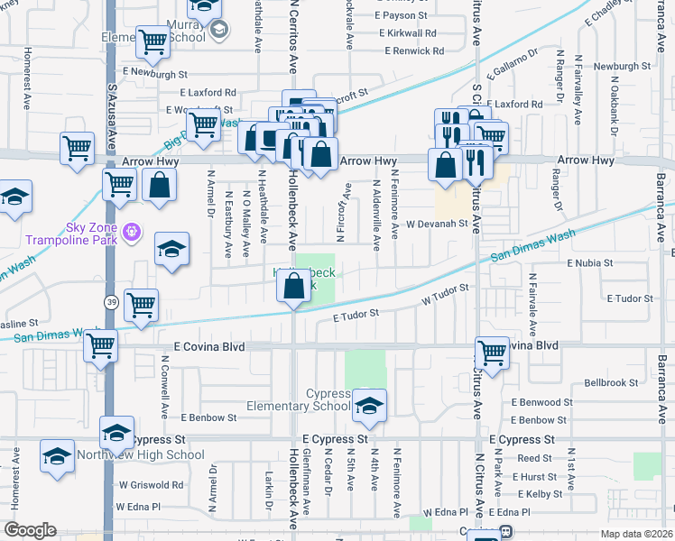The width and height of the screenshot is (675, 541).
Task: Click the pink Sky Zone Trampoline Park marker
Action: [x=134, y=231]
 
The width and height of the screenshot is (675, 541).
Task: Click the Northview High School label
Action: [x=153, y=455]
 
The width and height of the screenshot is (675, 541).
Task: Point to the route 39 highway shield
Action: [x=110, y=299]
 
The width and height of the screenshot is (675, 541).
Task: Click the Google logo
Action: [x=30, y=530]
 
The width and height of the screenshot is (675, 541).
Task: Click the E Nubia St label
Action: [x=590, y=263]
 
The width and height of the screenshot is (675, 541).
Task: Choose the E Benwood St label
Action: [x=540, y=402]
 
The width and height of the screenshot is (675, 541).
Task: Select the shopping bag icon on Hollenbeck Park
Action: [x=294, y=287]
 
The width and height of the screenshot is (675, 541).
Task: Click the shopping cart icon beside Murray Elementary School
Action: [x=153, y=41]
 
